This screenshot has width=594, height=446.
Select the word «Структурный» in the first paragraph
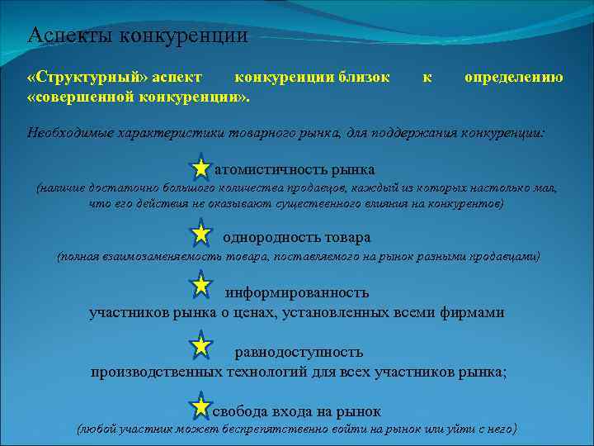(x=86, y=78)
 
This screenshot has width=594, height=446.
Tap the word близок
(x=363, y=78)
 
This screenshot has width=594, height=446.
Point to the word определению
(x=514, y=78)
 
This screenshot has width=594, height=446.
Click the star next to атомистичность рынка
(x=200, y=169)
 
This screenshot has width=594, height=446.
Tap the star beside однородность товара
(x=200, y=235)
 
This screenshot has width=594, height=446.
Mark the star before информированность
(x=200, y=286)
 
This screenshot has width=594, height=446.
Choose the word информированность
(x=297, y=292)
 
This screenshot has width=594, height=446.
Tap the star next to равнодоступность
(x=200, y=345)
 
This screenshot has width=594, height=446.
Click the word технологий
(x=266, y=372)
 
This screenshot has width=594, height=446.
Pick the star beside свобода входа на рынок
(x=200, y=406)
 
